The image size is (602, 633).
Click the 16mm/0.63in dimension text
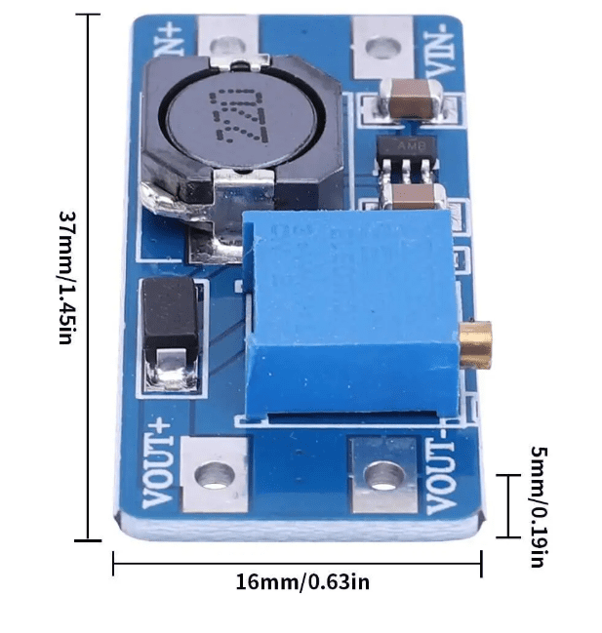pyautogui.click(x=301, y=582)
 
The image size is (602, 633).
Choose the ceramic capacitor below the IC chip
pyautogui.click(x=414, y=197)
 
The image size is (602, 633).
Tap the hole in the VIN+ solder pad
pyautogui.click(x=226, y=44)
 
